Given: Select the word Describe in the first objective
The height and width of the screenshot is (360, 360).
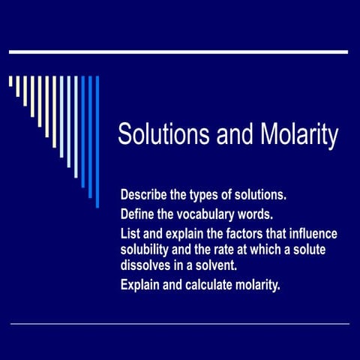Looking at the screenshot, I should point(144,195).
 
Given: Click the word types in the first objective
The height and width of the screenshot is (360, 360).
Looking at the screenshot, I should point(209,195).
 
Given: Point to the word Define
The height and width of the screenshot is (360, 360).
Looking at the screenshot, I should point(139,213).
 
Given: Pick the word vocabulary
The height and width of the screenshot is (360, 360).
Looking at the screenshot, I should point(209,213).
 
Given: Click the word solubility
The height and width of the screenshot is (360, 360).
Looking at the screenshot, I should point(147,248).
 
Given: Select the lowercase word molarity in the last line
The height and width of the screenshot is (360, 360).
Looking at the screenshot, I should point(255,284).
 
